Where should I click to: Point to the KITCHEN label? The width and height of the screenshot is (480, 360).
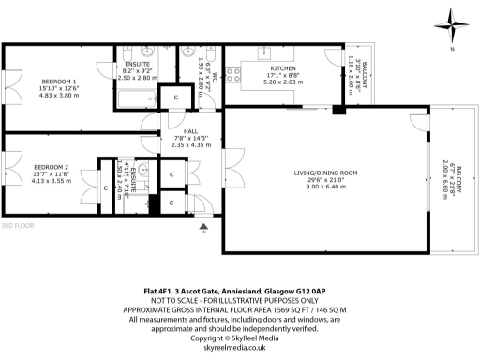(282, 68)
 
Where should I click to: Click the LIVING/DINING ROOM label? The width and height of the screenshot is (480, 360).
(325, 172)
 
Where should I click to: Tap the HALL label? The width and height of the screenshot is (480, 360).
(190, 131)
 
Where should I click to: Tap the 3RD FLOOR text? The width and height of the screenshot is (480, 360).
(17, 226)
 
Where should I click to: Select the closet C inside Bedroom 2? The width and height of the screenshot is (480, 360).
(103, 187)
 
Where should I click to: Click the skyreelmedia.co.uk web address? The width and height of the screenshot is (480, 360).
(239, 347)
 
